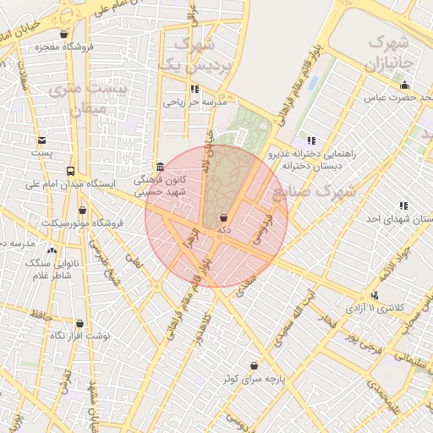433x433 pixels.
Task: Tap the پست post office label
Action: point(41,153)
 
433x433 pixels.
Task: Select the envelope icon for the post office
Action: point(41,140)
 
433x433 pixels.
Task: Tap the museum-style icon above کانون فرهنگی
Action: point(160,166)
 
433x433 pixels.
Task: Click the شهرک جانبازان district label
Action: point(390,52)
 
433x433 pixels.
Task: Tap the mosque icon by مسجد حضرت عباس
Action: point(404,85)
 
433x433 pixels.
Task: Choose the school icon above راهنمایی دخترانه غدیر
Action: point(311,140)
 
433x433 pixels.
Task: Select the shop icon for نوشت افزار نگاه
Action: point(79,323)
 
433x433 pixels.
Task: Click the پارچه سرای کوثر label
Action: point(254,378)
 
